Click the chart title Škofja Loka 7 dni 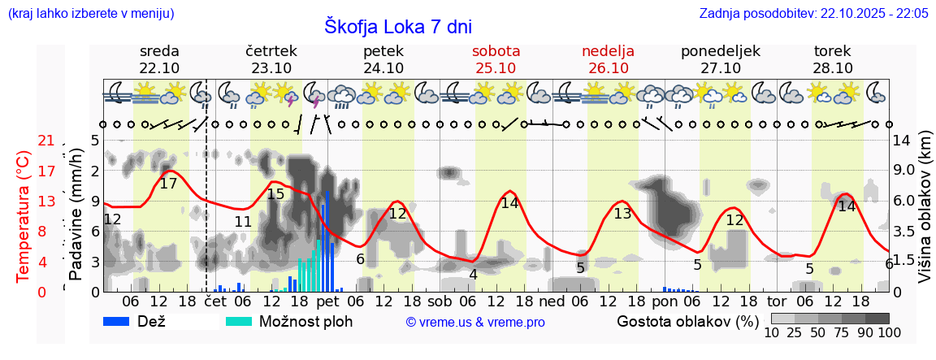click(x=397, y=26)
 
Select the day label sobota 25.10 click(x=496, y=59)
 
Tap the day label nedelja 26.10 click(x=608, y=59)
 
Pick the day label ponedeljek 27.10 click(x=720, y=59)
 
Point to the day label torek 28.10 click(x=833, y=59)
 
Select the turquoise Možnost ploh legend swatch click(x=239, y=321)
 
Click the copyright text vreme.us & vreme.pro click(x=475, y=322)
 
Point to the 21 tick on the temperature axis click(x=46, y=141)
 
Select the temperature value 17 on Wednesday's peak click(x=168, y=184)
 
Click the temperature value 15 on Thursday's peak click(x=275, y=193)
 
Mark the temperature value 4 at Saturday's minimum click(x=473, y=275)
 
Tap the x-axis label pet click(x=327, y=301)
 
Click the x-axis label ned click(x=552, y=301)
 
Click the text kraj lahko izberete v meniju click(x=90, y=13)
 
